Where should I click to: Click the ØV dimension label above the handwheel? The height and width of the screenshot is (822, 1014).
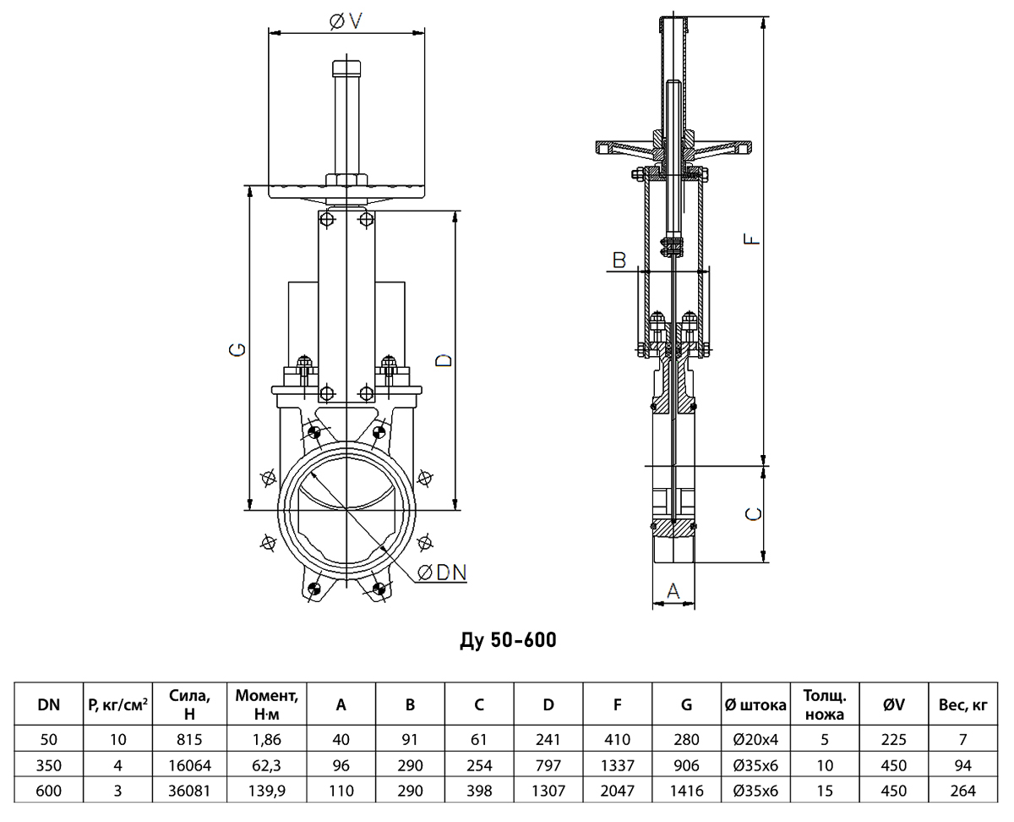(346, 21)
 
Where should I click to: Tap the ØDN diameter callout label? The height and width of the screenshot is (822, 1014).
(442, 573)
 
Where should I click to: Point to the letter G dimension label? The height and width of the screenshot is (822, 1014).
(237, 350)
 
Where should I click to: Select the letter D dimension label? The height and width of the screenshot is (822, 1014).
(444, 360)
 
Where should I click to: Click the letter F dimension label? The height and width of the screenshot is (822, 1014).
(752, 238)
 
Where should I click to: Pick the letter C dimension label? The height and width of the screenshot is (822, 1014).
(753, 514)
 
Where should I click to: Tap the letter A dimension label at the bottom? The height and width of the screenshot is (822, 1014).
(673, 591)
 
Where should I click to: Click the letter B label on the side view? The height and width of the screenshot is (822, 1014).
(619, 260)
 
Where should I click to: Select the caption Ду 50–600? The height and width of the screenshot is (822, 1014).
(508, 640)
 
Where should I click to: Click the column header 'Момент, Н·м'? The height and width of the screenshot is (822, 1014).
(266, 704)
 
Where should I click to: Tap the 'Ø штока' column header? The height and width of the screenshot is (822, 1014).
(755, 704)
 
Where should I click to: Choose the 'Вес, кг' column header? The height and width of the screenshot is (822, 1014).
(963, 704)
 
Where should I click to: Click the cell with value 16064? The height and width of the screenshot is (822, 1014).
(189, 765)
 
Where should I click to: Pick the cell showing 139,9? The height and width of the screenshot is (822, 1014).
(266, 791)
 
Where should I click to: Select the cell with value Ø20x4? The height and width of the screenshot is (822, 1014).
(755, 740)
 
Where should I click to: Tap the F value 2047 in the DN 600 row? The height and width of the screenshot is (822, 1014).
(618, 791)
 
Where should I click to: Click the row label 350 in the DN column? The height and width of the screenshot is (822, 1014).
(48, 765)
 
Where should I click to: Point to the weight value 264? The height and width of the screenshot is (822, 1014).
(963, 791)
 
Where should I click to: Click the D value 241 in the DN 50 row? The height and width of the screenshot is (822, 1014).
(548, 740)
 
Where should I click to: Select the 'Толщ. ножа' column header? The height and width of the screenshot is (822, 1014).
(825, 704)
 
